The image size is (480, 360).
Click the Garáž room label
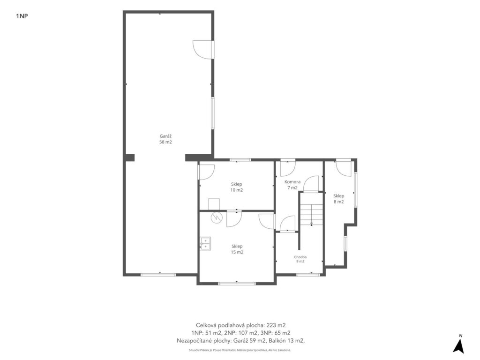coord(165,139)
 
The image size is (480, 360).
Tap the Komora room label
coord(292,185)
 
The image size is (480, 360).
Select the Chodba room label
coord(300,259)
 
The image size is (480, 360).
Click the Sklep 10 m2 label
coord(237,187)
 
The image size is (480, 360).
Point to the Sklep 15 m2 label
coord(237,249)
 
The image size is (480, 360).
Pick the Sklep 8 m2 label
coord(338,199)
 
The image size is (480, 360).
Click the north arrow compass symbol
coord(458,345)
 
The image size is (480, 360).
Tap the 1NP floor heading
coord(22,16)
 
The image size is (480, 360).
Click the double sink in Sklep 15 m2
coord(205,243)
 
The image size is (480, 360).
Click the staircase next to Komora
coord(311,210)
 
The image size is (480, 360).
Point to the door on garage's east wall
coord(203,49)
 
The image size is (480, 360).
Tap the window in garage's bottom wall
coord(158,275)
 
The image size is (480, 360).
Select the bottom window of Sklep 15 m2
coord(237,284)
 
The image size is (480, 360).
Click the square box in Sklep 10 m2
coord(214,204)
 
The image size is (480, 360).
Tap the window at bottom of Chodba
coord(308,275)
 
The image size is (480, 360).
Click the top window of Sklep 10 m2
coord(240,159)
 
